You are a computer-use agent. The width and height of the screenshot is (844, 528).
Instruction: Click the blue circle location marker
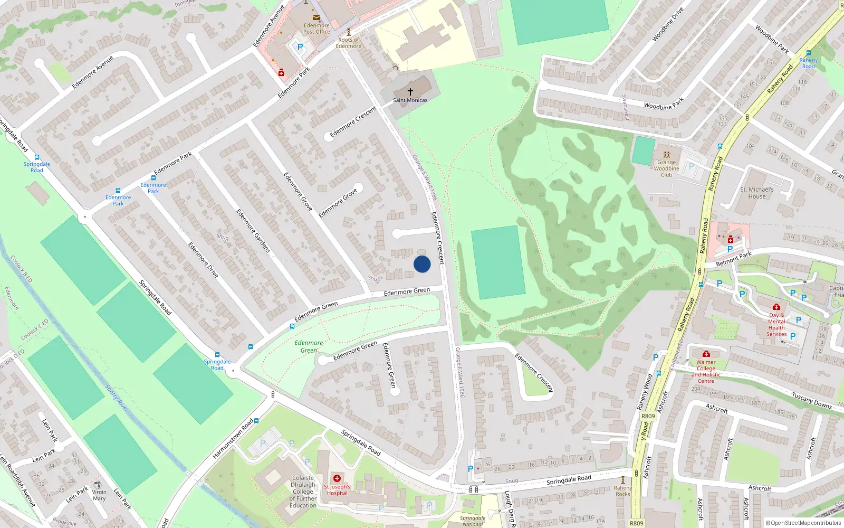pos(422,264)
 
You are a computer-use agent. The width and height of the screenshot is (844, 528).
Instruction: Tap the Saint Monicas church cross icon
pos(410,91)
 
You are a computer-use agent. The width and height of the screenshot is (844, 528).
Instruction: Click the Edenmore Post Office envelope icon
pos(316,17)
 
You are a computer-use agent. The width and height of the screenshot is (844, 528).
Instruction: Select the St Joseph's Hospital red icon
pos(337,478)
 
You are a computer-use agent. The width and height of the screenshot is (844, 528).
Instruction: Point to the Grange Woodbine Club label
pos(666,168)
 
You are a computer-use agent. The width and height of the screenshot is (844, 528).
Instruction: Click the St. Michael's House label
pos(756,193)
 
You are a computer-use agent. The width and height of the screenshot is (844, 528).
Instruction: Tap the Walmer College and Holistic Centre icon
pos(706,354)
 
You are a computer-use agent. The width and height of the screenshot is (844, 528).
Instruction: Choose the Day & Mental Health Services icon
pos(776,307)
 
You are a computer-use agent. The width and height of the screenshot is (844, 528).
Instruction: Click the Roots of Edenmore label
pos(349,43)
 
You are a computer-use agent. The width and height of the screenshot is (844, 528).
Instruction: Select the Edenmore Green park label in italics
pos(309,346)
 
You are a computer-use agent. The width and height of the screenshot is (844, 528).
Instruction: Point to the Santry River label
pos(116,398)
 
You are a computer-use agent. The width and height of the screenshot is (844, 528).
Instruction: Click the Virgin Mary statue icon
pos(97,484)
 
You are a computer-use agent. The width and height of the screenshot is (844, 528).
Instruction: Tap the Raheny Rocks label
pos(622,491)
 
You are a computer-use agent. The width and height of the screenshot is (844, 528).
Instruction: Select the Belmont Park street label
pos(734,259)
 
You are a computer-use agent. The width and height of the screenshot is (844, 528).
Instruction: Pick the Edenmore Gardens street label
pos(253,231)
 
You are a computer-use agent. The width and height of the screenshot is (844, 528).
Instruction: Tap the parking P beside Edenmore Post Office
pos(300,47)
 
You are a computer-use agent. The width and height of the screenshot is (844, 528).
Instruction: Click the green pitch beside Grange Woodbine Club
pos(643,151)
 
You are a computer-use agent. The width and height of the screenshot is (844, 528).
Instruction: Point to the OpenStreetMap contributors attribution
pos(803,523)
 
